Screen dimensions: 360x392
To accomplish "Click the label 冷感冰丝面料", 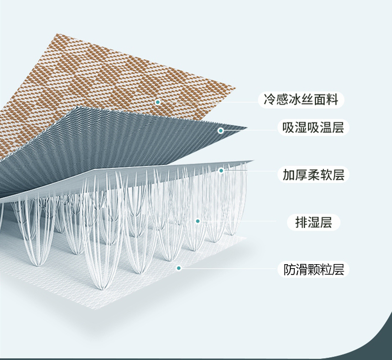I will coord(301,100).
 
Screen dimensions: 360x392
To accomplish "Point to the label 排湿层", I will coord(314,222).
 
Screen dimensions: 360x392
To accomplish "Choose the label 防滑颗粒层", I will coord(314,270).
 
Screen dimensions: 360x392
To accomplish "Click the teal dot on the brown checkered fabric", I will coord(158,102).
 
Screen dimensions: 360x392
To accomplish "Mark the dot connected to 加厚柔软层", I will coord(221,170).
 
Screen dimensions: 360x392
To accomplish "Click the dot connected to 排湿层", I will coord(197,221).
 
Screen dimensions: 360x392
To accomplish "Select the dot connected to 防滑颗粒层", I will coord(179,268).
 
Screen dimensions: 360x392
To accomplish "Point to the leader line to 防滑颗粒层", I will coord(228,269).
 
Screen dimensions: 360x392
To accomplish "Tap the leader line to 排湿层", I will coord(243,221).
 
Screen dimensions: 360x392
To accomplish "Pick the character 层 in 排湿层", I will coord(326,222).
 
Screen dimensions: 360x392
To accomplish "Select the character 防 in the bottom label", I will coord(289,270).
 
